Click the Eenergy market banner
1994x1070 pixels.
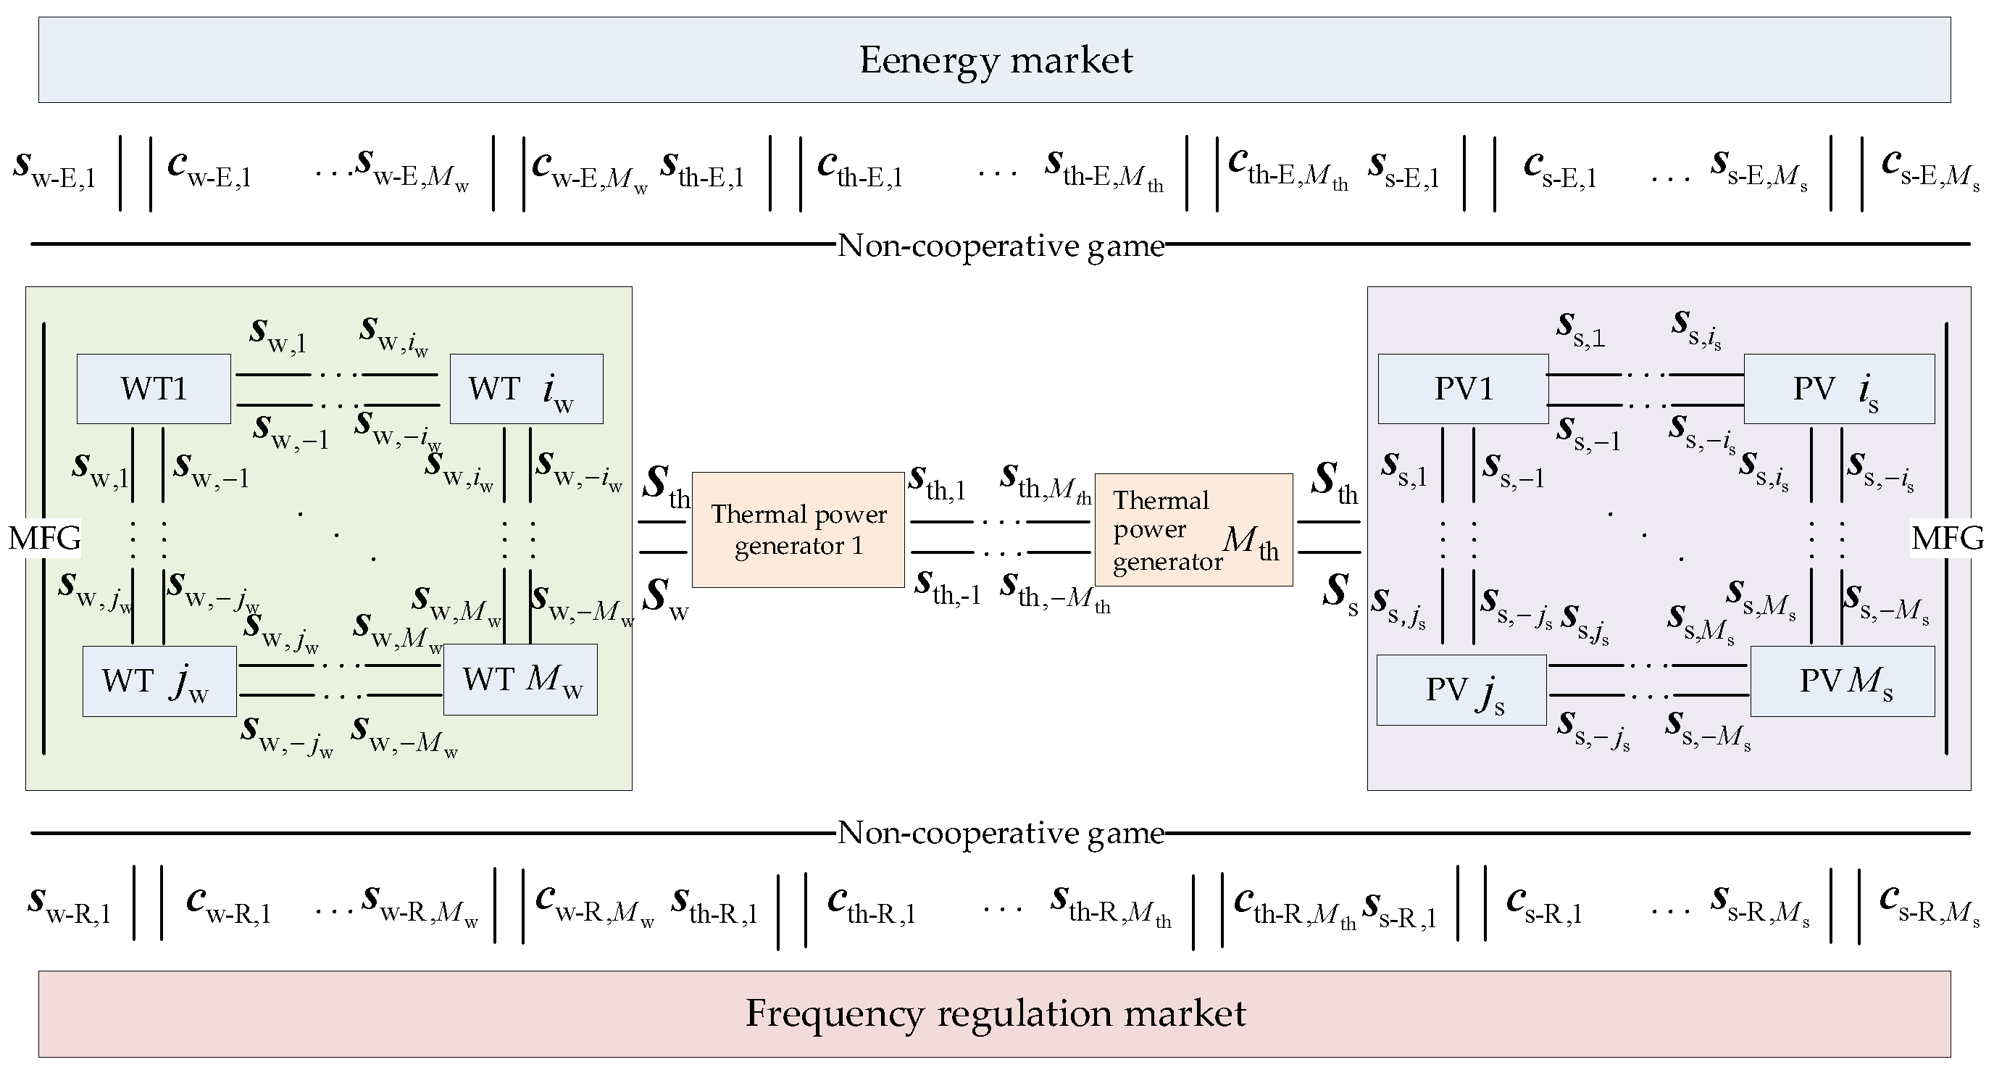click(x=995, y=60)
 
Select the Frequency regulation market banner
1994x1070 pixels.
click(x=995, y=1013)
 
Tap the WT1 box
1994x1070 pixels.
click(x=154, y=389)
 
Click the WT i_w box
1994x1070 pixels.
click(x=525, y=389)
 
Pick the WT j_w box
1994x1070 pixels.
click(x=159, y=681)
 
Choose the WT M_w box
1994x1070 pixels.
click(x=520, y=679)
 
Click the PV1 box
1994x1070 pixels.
click(x=1462, y=389)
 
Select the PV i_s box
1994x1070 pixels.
click(x=1838, y=389)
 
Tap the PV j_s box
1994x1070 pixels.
click(x=1461, y=690)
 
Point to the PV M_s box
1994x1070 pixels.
click(x=1843, y=681)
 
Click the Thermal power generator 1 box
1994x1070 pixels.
click(x=797, y=530)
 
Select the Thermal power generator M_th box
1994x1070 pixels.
click(x=1193, y=530)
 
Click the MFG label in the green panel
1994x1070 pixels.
click(x=44, y=537)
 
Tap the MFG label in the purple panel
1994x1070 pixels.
click(x=1947, y=537)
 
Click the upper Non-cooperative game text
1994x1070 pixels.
click(x=1000, y=246)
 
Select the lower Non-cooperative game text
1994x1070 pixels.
click(x=1000, y=833)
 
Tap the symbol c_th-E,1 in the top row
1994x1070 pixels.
click(x=859, y=169)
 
